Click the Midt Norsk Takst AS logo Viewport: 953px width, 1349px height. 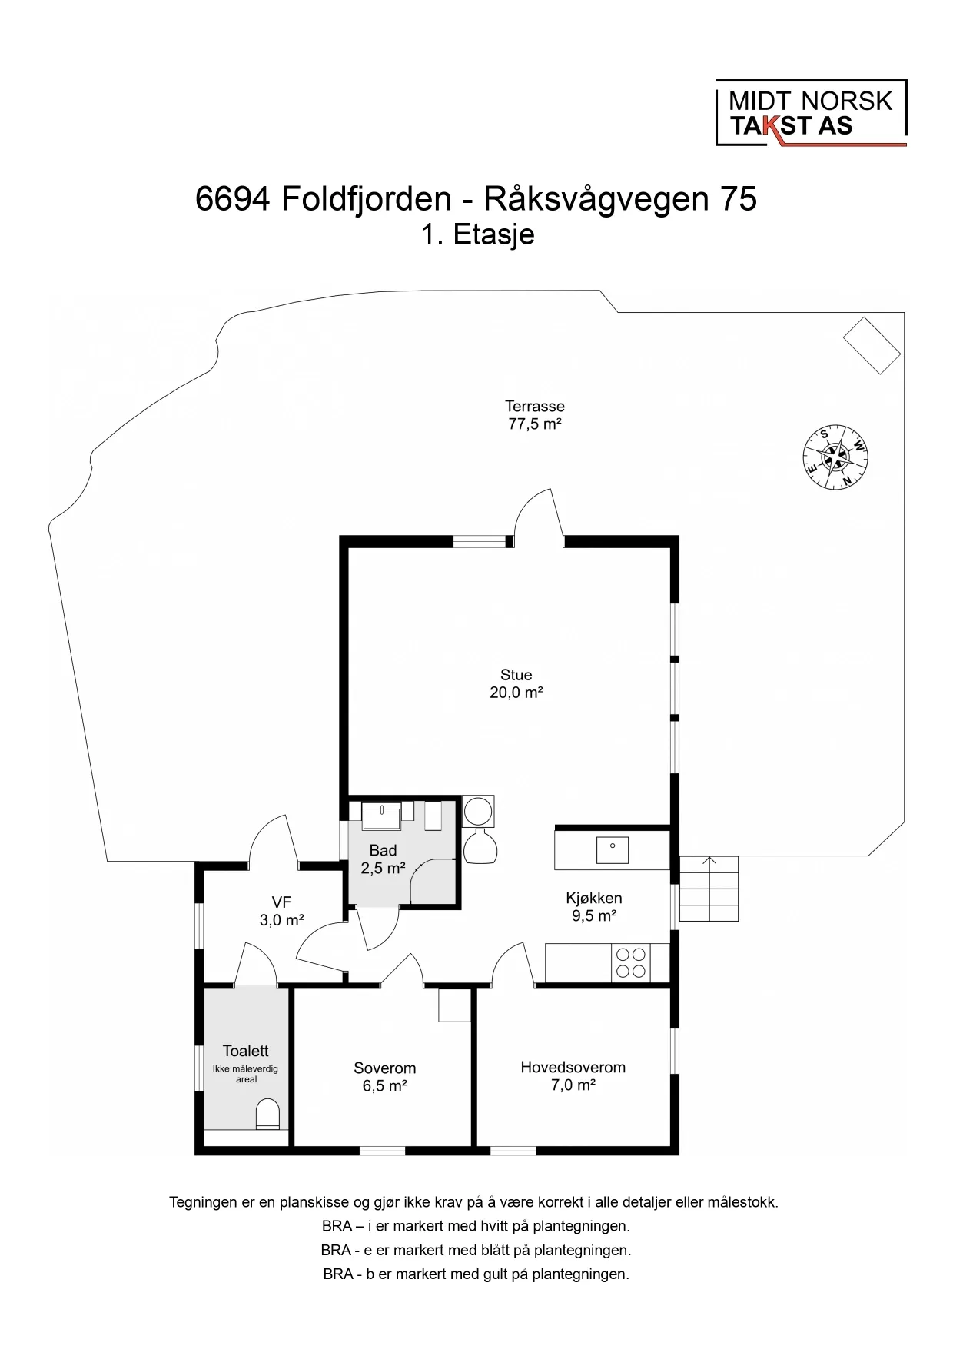pos(810,114)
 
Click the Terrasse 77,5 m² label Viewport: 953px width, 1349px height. pos(534,415)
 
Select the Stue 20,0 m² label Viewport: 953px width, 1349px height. pos(516,683)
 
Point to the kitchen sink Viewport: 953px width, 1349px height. pos(613,850)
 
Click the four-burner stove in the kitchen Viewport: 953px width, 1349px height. pos(630,963)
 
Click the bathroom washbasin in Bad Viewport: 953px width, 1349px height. pos(382,816)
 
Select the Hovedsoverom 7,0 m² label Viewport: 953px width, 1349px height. pos(573,1075)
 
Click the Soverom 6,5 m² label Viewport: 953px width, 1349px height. pos(384,1076)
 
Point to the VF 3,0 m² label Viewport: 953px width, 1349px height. pos(281,911)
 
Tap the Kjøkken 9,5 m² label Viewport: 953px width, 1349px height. pos(593,906)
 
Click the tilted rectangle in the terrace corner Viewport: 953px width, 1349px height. pos(872,345)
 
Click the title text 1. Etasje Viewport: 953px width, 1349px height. pos(476,234)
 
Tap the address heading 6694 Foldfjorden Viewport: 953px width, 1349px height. pos(476,199)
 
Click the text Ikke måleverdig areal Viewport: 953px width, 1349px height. pos(246,1074)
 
